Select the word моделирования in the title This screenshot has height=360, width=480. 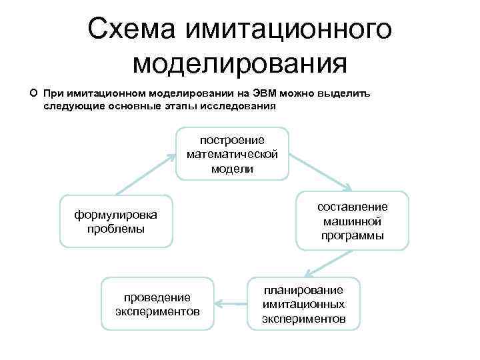[x=240, y=64]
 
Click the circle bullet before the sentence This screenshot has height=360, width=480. [x=33, y=93]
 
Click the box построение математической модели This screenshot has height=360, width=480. [x=232, y=154]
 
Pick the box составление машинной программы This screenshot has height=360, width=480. [x=352, y=221]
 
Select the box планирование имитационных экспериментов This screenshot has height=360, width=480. [x=303, y=304]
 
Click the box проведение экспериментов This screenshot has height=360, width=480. [x=157, y=304]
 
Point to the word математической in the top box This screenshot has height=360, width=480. [x=232, y=154]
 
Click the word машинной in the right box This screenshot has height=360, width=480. [x=352, y=221]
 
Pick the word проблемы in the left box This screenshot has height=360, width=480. [x=116, y=229]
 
